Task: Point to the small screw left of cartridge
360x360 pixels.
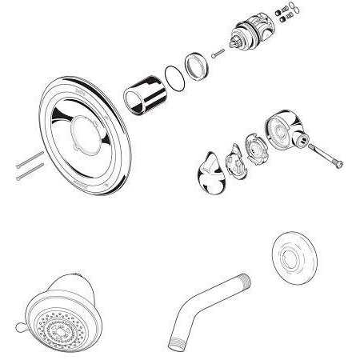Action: (x=217, y=54)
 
